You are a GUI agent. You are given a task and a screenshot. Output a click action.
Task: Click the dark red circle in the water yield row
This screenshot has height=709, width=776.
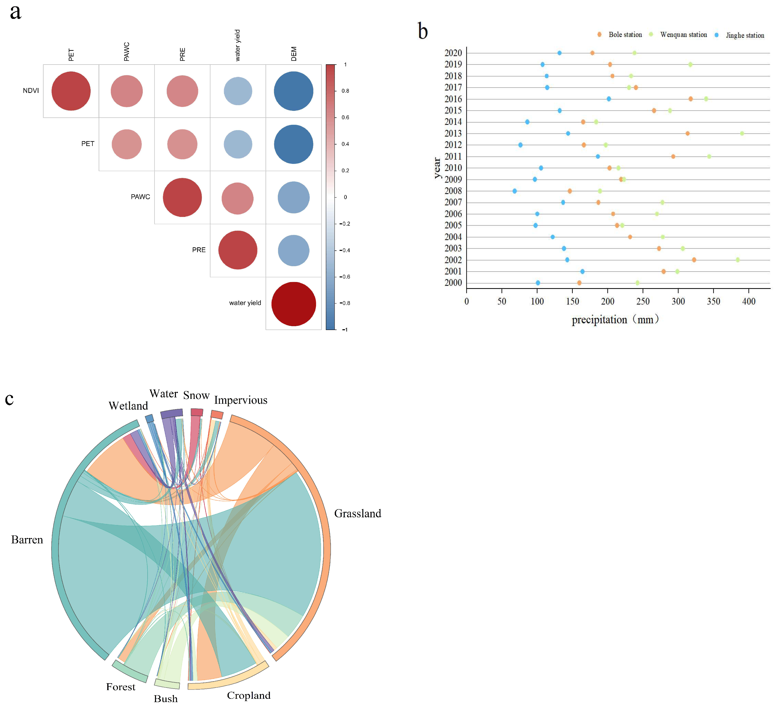coord(293,304)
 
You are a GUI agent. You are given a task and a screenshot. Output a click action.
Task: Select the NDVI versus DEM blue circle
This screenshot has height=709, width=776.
coord(293,91)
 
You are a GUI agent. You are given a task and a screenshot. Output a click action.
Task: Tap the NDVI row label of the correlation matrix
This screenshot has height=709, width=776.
coord(31,91)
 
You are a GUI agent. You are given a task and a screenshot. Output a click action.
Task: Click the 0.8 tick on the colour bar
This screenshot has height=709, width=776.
coord(345,91)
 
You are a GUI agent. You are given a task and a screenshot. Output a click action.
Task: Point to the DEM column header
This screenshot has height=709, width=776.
coord(294,54)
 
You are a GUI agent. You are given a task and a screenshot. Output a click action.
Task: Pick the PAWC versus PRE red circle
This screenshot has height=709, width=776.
coord(182,197)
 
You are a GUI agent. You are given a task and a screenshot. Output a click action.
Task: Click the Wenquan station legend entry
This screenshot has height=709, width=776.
coord(683,35)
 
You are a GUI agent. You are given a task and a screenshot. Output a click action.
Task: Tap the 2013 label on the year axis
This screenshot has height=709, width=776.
coord(453,133)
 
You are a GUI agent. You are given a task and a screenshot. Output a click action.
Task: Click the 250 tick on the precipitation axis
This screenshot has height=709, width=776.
coord(643,301)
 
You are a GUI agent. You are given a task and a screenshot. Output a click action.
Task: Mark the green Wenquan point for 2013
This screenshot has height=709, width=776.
coord(742,133)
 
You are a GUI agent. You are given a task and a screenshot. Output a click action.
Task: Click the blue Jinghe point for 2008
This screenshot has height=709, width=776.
coord(515,191)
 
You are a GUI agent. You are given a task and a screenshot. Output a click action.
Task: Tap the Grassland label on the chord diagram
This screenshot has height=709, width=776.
coord(357,514)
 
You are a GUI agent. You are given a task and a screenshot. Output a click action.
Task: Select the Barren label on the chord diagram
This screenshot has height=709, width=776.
coord(27,540)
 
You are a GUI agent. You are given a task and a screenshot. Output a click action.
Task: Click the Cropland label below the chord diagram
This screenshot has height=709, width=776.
coord(249,695)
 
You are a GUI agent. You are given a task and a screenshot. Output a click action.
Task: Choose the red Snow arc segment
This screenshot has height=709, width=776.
coord(197,412)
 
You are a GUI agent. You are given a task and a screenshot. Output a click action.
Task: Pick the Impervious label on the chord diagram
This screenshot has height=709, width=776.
coord(241,400)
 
